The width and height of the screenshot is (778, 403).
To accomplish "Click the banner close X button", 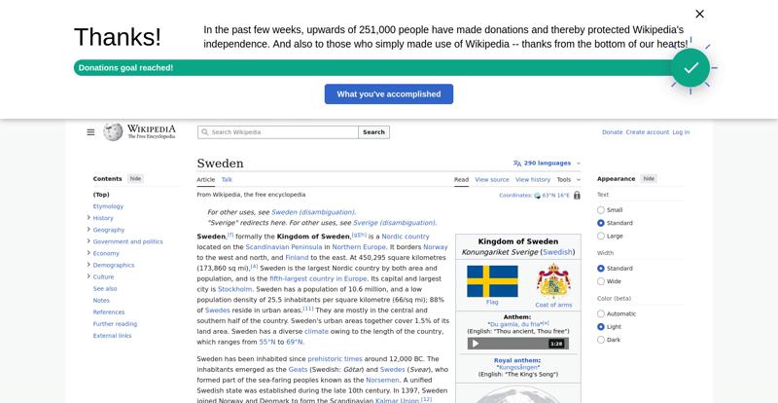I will [x=699, y=14].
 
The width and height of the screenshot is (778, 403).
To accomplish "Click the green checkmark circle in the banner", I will [x=690, y=67].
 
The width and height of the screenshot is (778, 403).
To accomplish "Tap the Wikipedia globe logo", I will [x=113, y=131].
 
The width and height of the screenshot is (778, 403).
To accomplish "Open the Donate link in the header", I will [x=612, y=132].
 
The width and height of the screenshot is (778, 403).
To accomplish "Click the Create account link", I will [x=647, y=132].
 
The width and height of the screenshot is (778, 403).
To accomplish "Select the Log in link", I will [x=681, y=132].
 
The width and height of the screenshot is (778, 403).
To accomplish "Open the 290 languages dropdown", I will [x=543, y=164].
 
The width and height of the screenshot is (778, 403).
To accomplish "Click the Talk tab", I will [x=227, y=180].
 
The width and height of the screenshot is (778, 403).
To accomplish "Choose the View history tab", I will [x=533, y=180].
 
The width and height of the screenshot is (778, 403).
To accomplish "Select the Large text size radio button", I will [x=601, y=237].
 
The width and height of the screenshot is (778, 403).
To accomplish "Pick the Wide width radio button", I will [x=601, y=281].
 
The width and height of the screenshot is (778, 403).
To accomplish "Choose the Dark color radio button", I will [x=601, y=340].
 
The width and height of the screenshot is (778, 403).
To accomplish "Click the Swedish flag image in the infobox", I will [x=492, y=281].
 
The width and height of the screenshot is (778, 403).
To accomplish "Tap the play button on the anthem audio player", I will [x=476, y=344].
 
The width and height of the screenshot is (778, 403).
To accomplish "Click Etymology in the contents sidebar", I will [x=108, y=206].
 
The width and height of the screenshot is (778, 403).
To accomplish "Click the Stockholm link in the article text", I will [x=235, y=289].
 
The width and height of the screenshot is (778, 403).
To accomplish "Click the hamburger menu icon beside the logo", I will [x=90, y=132].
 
